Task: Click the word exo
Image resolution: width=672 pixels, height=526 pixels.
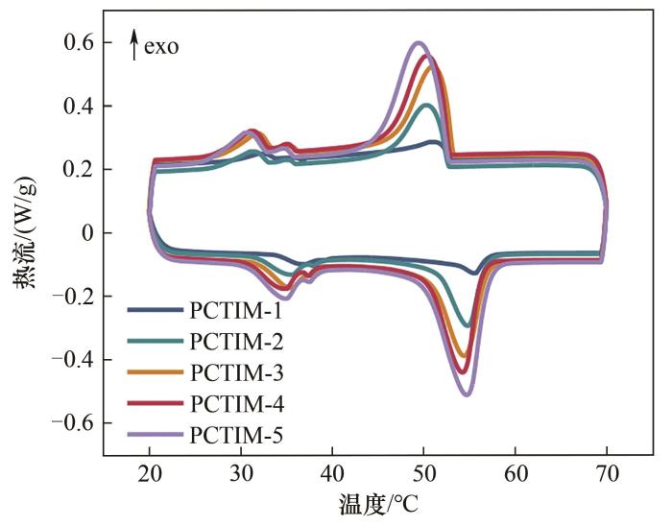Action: (x=161, y=45)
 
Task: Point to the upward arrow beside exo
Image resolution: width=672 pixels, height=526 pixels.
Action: (x=134, y=44)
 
